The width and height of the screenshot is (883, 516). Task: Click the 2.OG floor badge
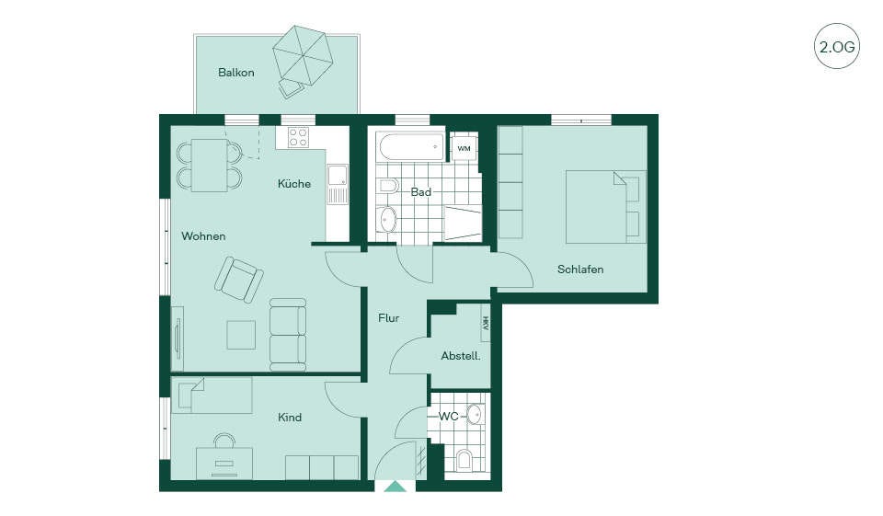tap(837, 46)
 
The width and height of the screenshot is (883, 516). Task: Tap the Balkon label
tap(236, 73)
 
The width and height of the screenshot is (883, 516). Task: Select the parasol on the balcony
tap(303, 55)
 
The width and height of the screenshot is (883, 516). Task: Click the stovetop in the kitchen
tap(298, 137)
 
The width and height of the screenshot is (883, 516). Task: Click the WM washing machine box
tap(464, 148)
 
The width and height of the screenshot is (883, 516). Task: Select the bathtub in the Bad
tap(412, 146)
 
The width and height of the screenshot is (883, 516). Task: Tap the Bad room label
tap(420, 192)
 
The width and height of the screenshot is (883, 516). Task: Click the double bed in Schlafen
tap(606, 207)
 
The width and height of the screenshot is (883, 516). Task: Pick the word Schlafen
tap(580, 269)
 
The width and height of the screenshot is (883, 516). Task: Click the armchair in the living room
tap(239, 280)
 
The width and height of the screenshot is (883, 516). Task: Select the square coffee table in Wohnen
tap(241, 335)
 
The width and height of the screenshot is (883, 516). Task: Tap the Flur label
tap(388, 318)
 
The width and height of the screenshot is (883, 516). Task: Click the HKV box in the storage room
tap(486, 323)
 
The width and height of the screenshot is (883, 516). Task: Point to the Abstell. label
tap(461, 356)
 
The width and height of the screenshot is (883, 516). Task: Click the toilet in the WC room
tap(464, 460)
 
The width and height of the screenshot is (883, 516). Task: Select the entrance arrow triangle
tap(395, 487)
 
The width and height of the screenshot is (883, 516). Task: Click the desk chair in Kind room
tap(224, 441)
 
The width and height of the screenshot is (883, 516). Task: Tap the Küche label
tap(294, 184)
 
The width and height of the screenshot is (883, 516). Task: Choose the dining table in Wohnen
tap(209, 165)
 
